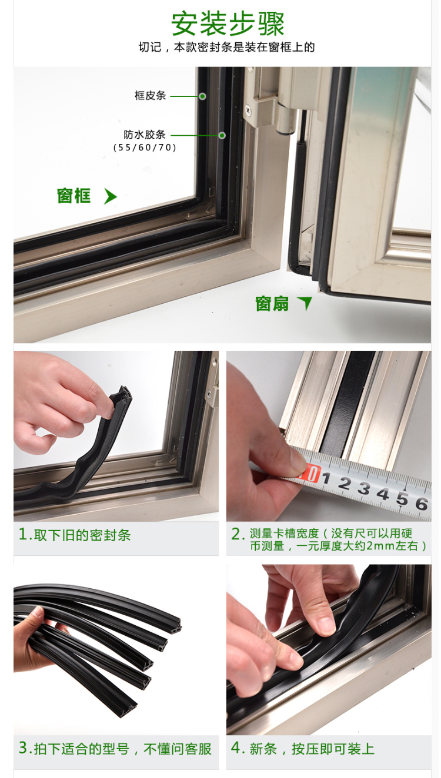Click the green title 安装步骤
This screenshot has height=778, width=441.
point(228,24)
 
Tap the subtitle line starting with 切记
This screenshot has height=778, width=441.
point(226,47)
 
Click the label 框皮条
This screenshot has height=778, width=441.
point(151,95)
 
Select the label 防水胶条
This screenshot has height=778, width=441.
point(145,135)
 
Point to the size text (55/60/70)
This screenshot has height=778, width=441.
point(145,147)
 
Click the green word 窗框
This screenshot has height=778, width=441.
point(74,196)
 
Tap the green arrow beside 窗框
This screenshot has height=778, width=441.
point(110,196)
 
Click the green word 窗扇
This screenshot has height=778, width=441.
point(272,304)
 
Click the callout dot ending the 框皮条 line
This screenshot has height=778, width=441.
point(202,96)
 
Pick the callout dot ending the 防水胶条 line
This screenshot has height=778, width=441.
point(222,135)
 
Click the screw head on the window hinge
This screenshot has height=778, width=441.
point(248,109)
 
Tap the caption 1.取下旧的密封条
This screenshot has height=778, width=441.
point(75,535)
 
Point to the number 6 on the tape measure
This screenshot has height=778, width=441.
point(421,504)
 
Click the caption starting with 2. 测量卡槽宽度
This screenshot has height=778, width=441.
point(329,539)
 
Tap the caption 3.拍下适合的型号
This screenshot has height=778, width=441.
point(115,749)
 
